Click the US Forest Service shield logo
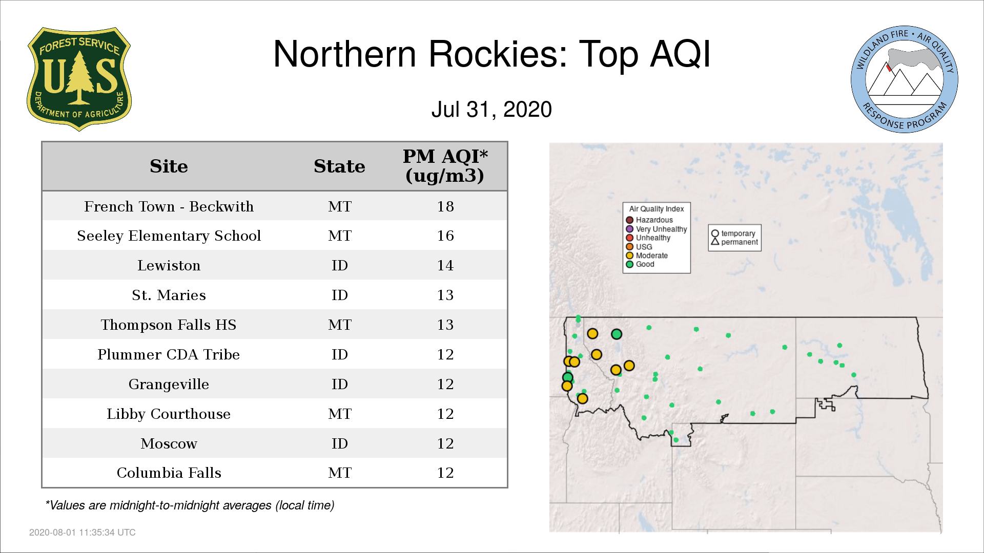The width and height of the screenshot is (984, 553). [x=79, y=79]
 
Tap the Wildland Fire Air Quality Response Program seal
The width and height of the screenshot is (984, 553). [x=905, y=79]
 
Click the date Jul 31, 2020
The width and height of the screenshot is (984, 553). [x=491, y=109]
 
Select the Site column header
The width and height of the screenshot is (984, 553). [x=169, y=166]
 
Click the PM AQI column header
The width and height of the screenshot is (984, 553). [x=445, y=166]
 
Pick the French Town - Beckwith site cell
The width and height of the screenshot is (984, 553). [x=169, y=206]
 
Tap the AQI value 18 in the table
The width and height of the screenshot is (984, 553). [x=445, y=206]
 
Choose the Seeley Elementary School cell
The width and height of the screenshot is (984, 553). [x=169, y=236]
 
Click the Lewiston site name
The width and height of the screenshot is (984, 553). [x=169, y=266]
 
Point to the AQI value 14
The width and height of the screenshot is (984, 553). [x=445, y=266]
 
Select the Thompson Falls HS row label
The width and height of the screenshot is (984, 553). [x=169, y=325]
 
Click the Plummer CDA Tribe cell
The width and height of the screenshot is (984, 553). [x=169, y=355]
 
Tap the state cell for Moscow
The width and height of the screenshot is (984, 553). [x=340, y=443]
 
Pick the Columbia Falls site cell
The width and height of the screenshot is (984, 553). [x=169, y=473]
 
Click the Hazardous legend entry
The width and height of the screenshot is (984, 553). [x=649, y=220]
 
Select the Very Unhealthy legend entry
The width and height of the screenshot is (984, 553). [x=657, y=229]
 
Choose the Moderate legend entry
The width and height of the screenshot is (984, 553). [x=647, y=256]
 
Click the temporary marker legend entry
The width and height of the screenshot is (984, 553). [x=733, y=233]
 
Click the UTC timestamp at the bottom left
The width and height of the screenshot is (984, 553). [x=83, y=533]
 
